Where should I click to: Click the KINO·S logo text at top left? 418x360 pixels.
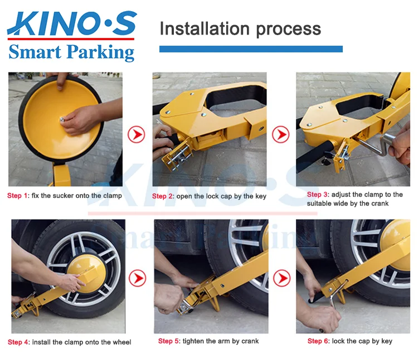click(x=72, y=23)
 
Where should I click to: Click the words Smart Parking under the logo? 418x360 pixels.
click(x=71, y=52)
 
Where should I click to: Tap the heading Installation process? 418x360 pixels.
click(x=240, y=29)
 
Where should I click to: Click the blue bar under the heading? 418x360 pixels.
click(x=251, y=49)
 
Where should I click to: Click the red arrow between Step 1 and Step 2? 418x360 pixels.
click(x=136, y=134)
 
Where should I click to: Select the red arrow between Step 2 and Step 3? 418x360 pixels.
click(x=281, y=134)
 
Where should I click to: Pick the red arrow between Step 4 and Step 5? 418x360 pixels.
click(x=137, y=278)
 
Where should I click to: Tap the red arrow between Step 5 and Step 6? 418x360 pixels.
click(x=282, y=278)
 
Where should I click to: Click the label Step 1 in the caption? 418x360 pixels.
click(x=17, y=196)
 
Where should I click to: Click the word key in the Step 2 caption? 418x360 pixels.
click(x=261, y=196)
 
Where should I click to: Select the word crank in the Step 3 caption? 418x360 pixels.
click(x=381, y=203)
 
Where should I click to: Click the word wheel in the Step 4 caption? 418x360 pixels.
click(x=123, y=342)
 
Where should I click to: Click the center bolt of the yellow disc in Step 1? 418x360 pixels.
click(x=62, y=119)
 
